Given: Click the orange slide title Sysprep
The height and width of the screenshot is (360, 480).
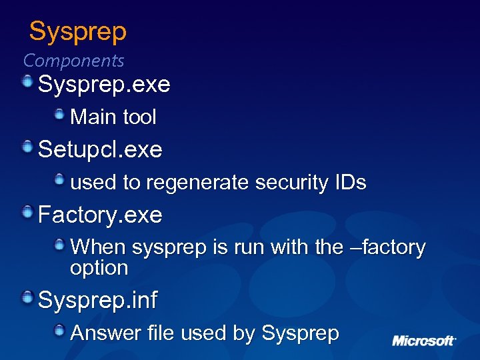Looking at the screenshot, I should [77, 31].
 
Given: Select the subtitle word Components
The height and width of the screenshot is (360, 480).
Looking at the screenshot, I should [73, 61].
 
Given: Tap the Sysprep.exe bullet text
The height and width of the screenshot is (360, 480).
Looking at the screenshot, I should [104, 85].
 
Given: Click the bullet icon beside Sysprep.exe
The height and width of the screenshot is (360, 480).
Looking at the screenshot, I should [27, 82].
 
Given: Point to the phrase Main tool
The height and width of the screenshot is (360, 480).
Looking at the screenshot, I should [113, 117].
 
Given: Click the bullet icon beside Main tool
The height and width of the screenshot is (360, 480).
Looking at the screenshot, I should [60, 115].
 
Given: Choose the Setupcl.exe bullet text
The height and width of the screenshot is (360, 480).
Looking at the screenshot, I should [100, 149].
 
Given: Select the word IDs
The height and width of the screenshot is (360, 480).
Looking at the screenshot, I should [351, 182].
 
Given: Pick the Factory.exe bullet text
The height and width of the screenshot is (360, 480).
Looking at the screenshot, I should [100, 215].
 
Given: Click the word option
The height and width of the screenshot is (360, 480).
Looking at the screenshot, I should [99, 268].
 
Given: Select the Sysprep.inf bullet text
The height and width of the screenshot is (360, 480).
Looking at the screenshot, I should [97, 301].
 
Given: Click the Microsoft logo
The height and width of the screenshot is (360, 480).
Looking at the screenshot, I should [423, 341].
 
